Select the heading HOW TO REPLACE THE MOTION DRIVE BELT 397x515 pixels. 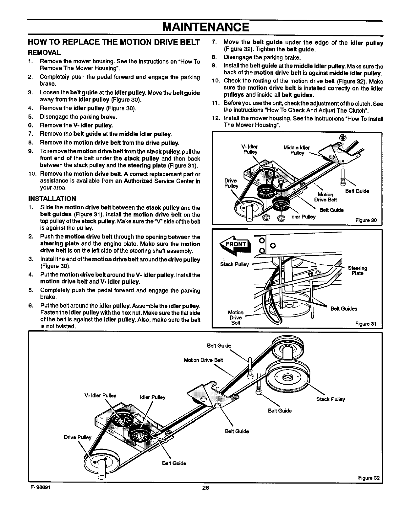point(114,43)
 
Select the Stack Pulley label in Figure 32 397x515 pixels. point(330,399)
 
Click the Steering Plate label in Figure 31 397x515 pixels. point(357,271)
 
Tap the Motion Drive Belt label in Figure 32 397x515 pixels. point(203,360)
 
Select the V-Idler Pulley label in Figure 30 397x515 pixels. point(250,149)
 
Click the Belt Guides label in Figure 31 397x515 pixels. point(344,308)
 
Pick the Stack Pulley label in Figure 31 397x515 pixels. point(234,264)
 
